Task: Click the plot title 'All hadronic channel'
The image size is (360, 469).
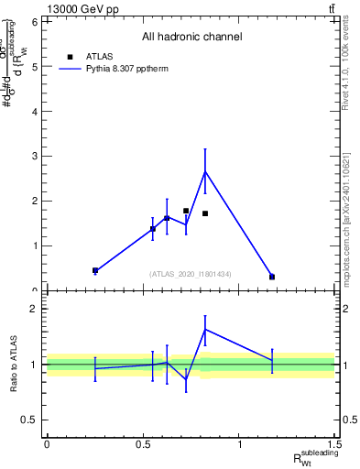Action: tap(191, 38)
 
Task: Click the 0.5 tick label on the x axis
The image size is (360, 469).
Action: tap(143, 444)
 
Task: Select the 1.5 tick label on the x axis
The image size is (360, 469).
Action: tap(335, 444)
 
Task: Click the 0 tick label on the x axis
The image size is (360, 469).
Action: tap(47, 444)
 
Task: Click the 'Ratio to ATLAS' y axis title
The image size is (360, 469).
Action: tap(14, 365)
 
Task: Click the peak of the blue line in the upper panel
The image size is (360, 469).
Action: tap(205, 171)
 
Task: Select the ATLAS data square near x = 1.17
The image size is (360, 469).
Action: tap(272, 277)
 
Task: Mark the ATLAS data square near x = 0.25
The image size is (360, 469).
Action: tap(95, 270)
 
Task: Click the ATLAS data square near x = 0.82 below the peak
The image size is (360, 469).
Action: tap(205, 213)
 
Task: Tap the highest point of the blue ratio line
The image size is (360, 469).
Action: tap(205, 329)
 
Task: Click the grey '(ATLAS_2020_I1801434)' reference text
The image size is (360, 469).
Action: tap(191, 274)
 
